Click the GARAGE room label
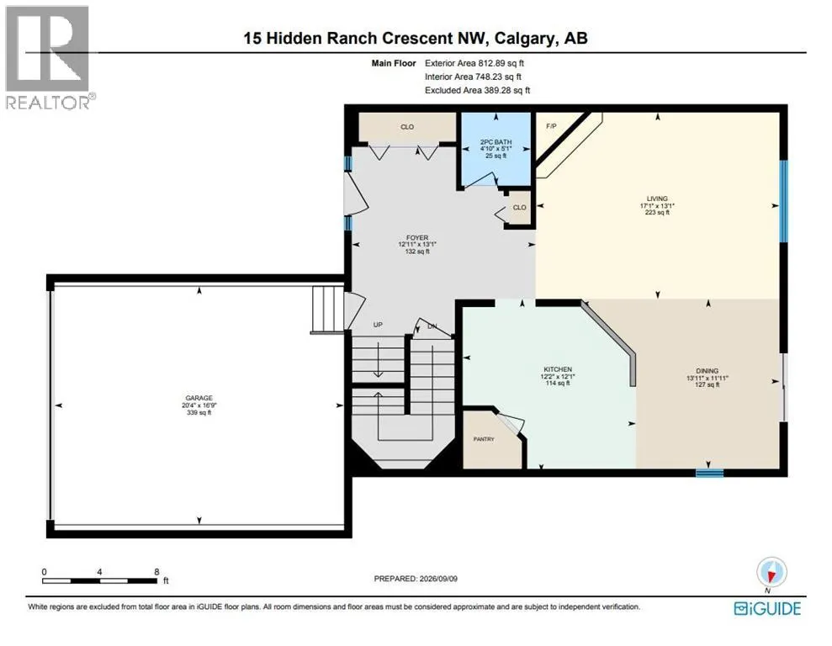click(199, 398)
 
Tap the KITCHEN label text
click(558, 369)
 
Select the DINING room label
click(707, 371)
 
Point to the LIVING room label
click(657, 199)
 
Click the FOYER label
click(417, 237)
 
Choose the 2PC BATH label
click(495, 142)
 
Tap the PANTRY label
click(484, 439)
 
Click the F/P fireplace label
click(551, 126)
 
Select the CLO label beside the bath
click(519, 208)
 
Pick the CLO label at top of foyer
click(407, 127)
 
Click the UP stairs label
click(378, 325)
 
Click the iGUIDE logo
click(767, 608)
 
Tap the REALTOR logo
click(48, 57)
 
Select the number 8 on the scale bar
click(156, 572)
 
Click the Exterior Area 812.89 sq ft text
click(474, 63)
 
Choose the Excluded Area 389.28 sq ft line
click(478, 90)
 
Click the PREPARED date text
click(416, 579)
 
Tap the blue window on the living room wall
click(783, 201)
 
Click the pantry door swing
click(511, 423)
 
